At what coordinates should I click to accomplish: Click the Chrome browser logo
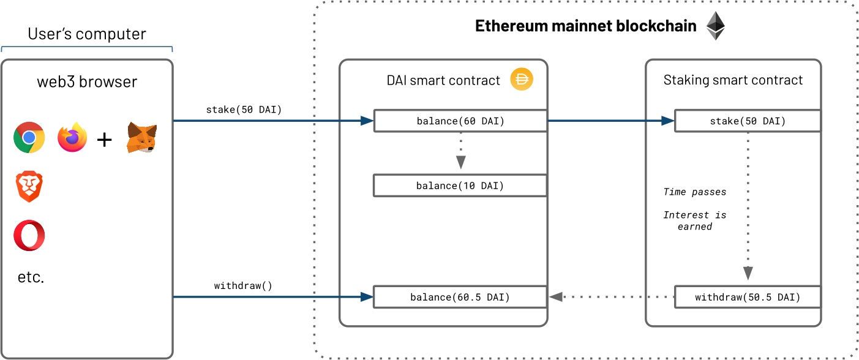[29, 137]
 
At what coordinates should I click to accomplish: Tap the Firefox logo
[73, 137]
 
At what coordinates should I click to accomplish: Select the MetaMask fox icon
[141, 138]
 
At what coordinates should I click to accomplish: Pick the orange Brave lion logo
[29, 187]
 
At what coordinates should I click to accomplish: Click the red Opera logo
[29, 235]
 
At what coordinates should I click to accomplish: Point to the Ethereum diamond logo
[715, 26]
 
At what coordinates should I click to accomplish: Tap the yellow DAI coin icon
[522, 80]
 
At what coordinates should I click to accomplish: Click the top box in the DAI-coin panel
[460, 121]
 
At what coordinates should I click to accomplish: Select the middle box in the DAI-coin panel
[460, 186]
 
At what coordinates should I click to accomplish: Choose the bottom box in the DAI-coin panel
[460, 297]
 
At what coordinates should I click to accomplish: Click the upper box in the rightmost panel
[748, 121]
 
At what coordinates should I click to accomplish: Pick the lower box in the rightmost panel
[748, 297]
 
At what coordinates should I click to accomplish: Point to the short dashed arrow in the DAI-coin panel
[460, 150]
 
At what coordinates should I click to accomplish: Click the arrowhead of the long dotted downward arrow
[748, 274]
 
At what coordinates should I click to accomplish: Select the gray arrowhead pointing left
[555, 297]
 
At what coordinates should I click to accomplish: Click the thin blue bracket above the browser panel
[87, 47]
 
